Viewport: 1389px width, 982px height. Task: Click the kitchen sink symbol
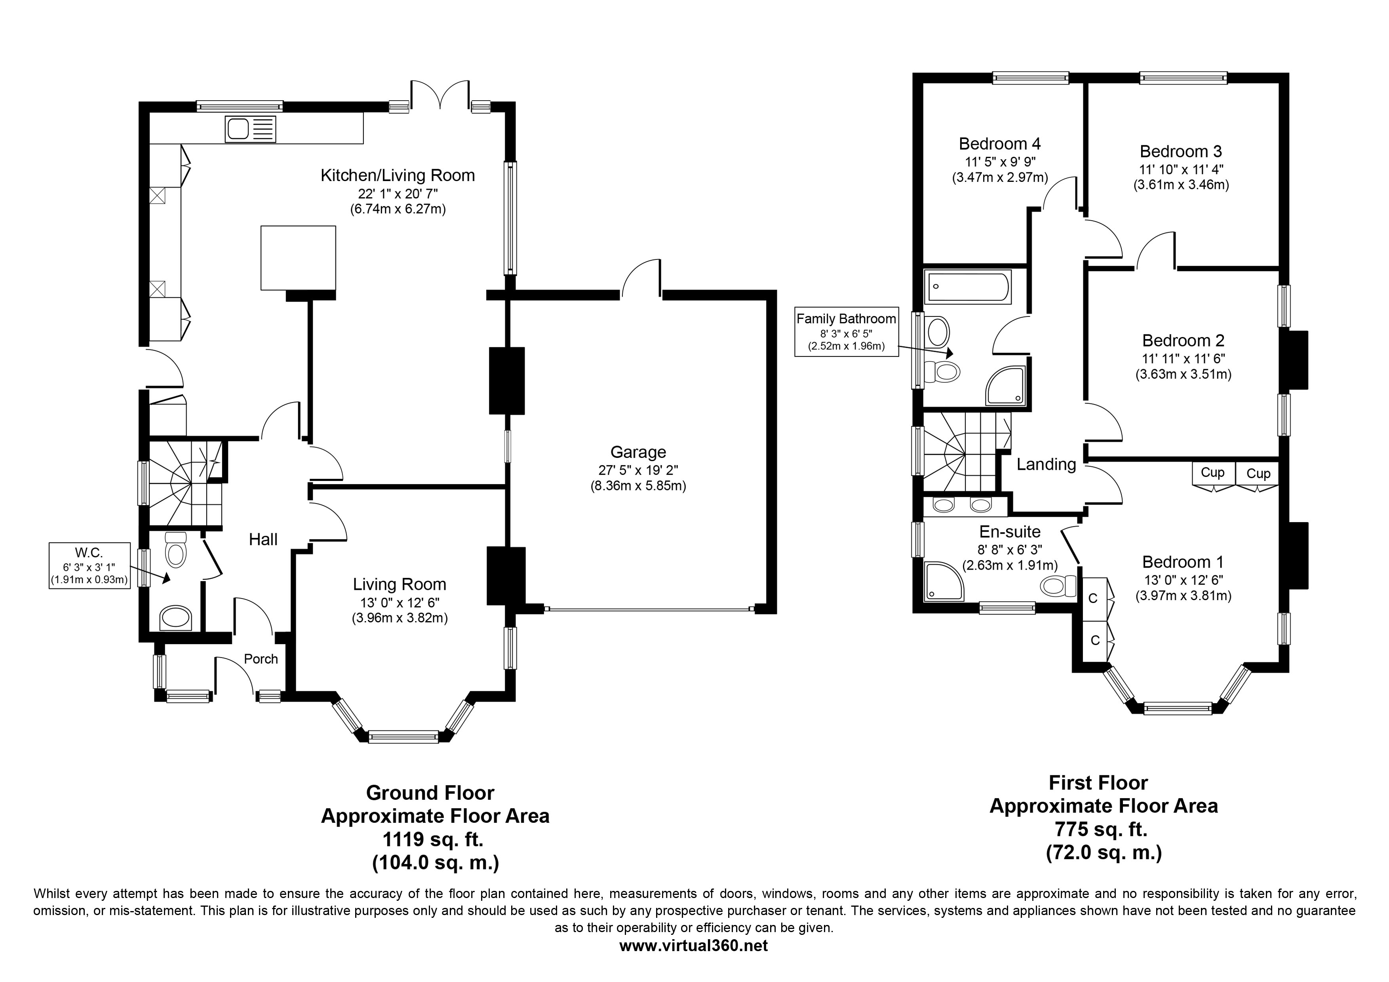251,129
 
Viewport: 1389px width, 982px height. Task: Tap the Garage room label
638,452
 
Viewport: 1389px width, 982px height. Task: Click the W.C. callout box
89,566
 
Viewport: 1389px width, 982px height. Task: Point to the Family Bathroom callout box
846,332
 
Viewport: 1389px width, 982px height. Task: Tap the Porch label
261,659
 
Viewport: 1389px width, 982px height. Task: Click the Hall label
263,540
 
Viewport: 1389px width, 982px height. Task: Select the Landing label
1046,464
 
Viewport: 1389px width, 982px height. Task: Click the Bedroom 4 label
1000,144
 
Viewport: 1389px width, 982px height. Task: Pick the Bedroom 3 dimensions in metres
1181,185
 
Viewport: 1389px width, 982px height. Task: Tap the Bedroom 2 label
1184,341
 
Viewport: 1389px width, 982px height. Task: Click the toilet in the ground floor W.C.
175,549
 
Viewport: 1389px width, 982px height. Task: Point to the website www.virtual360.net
693,946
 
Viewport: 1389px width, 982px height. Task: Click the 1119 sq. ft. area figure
433,840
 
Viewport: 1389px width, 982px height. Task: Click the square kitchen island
298,258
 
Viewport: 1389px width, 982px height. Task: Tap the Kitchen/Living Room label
398,175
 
